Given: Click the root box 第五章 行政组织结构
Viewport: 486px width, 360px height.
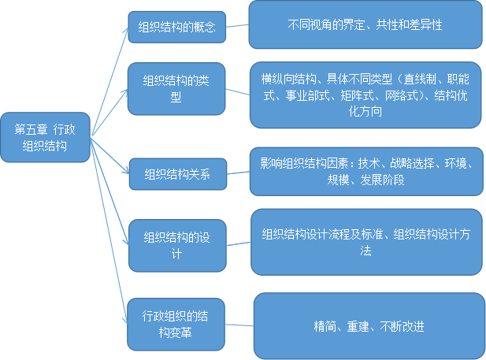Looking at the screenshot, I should coord(45,137).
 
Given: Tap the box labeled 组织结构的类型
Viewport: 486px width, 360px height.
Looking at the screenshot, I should coord(176,89).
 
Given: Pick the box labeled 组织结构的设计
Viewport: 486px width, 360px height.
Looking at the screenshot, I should coord(176,244).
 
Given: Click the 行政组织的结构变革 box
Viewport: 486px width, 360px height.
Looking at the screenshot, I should coord(176,324).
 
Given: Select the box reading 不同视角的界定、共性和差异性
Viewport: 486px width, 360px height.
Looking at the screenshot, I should coord(365,24).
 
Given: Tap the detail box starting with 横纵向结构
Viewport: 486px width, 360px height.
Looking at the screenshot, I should coord(365,95).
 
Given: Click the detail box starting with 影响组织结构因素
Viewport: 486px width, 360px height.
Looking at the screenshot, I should coord(365,171).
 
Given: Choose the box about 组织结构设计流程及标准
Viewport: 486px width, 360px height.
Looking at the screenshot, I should coord(365,241).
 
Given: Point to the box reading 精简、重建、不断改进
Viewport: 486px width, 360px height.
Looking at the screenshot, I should coord(369,325).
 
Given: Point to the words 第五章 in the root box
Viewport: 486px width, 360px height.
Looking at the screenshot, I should coord(31,130).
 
